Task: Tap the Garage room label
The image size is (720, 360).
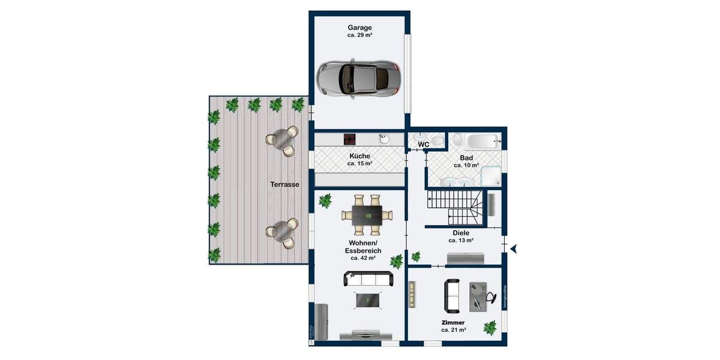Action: pos(359,28)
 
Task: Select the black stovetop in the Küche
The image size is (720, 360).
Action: pos(350,139)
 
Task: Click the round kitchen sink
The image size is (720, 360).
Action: pos(384,139)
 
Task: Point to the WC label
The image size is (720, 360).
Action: pos(423,145)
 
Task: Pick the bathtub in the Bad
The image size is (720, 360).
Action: pos(483,143)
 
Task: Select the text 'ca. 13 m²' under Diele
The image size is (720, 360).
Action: pos(461,240)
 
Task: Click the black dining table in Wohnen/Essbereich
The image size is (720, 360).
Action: pos(366,214)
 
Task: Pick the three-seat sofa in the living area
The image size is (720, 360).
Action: pos(368,279)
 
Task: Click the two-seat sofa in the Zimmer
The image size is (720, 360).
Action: pos(452,296)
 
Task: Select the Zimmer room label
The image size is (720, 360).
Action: pos(454,322)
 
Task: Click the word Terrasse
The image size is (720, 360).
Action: pos(284,185)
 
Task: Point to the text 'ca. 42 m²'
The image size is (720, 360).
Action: pos(363,258)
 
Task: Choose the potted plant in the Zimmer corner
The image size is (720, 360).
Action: pos(490,327)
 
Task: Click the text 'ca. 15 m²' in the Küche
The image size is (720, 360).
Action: pos(360,163)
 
